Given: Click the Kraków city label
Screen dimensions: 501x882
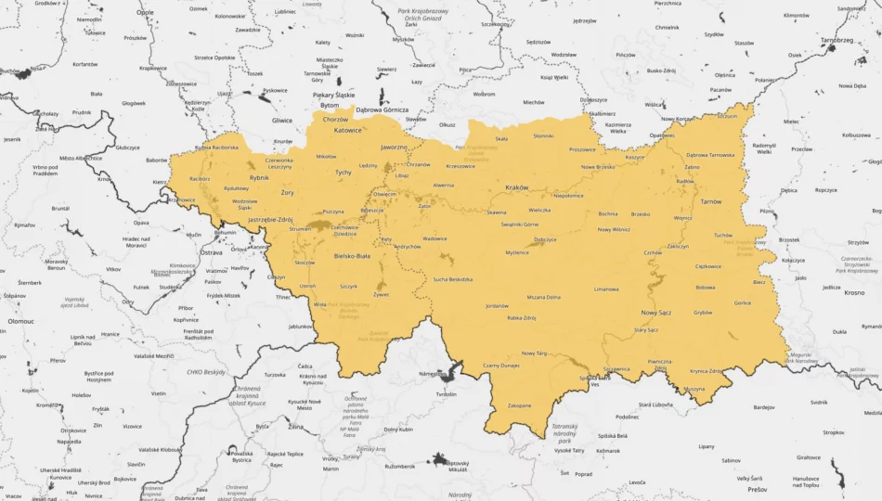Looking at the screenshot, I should [x=516, y=187].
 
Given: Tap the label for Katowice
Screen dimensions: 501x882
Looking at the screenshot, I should [x=347, y=131].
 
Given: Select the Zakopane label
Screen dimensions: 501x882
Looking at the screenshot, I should [x=519, y=405].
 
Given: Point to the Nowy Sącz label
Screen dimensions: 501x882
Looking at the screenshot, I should [x=655, y=313].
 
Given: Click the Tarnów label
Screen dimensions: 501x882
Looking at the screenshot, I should [x=711, y=201].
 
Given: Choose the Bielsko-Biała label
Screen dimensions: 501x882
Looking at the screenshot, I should [x=351, y=255].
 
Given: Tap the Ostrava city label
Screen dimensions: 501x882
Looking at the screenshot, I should [x=212, y=252].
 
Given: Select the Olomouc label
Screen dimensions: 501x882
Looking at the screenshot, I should [x=20, y=320].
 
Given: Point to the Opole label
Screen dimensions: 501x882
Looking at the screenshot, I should [x=146, y=13].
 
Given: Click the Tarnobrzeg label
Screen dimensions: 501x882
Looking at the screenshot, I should [x=837, y=41].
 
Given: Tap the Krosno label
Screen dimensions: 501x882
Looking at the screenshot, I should [x=854, y=292].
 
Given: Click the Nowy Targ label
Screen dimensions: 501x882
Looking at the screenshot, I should [x=534, y=353].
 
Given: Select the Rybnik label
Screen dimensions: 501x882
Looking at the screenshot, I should [x=259, y=176].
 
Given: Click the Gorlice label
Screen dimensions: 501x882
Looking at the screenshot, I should [x=742, y=302].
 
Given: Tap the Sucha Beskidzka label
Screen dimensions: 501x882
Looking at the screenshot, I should [x=453, y=279].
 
